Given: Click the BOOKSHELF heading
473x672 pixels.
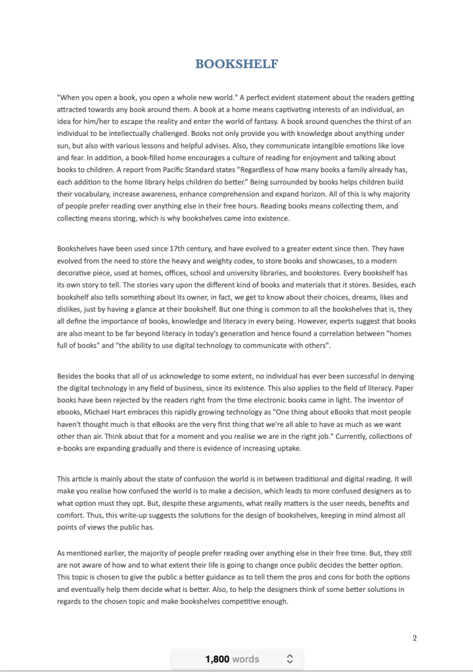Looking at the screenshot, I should pyautogui.click(x=236, y=64).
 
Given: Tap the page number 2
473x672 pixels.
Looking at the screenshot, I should pyautogui.click(x=415, y=638).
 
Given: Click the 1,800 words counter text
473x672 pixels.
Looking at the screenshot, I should pyautogui.click(x=232, y=659).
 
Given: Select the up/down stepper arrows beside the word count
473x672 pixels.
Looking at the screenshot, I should pyautogui.click(x=290, y=659).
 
